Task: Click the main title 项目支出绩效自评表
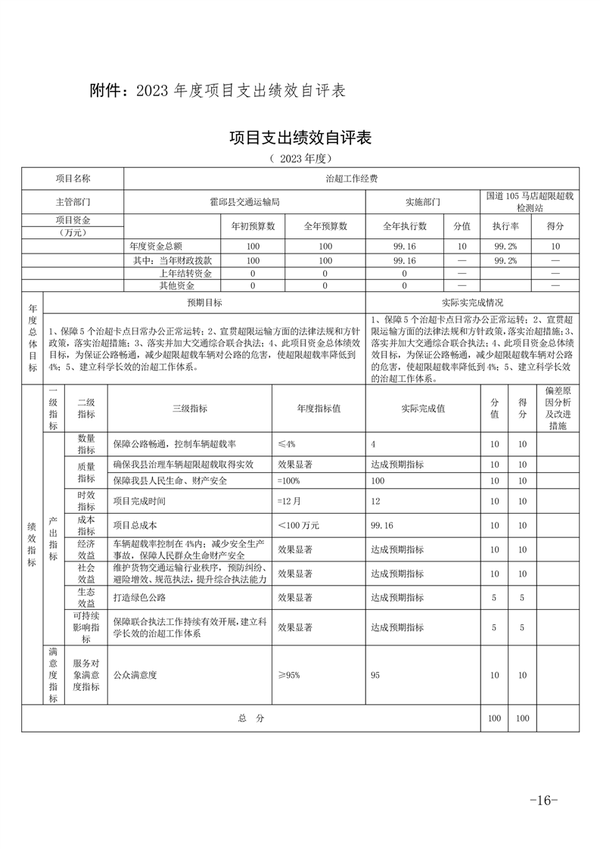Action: pos(300,138)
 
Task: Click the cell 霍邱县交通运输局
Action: pos(244,202)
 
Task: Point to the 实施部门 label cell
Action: pos(423,202)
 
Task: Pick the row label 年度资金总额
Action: pos(156,247)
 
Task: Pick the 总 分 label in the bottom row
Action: pos(250,718)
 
